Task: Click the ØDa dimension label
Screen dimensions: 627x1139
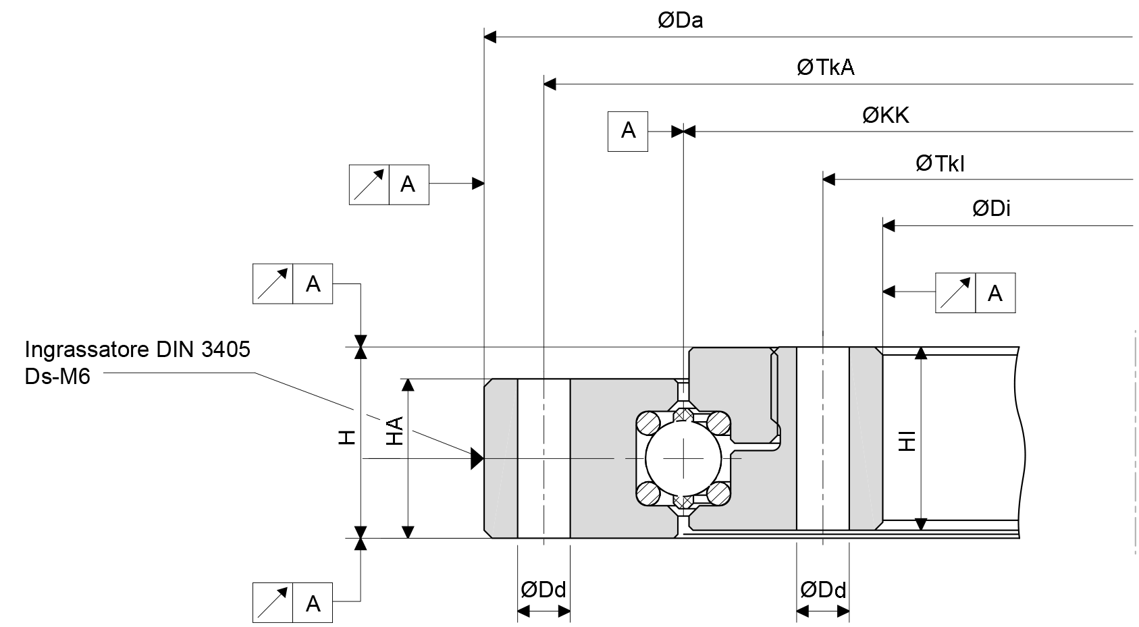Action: pos(680,20)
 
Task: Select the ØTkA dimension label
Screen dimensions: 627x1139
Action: pos(825,67)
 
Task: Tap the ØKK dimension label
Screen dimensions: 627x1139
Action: pos(885,115)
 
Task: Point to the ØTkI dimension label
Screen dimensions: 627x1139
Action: pos(939,163)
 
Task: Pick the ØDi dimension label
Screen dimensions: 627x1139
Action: pos(990,209)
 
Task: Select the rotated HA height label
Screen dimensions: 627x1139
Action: pos(394,431)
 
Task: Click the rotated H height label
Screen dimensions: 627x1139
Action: pos(346,437)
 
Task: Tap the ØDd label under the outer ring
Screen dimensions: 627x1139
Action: pos(543,590)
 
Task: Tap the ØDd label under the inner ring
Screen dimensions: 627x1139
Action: pos(822,590)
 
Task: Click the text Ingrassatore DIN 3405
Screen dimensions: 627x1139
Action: pos(137,350)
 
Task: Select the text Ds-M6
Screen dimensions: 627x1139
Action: pos(57,376)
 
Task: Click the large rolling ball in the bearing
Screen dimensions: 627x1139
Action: pos(683,458)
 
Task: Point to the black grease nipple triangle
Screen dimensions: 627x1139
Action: pos(477,458)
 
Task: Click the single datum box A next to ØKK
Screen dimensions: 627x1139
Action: pos(628,131)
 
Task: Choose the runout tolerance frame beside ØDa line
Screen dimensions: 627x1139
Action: pos(389,184)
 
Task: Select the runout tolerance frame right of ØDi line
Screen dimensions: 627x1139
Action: pos(975,293)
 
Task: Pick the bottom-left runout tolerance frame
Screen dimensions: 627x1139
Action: pos(292,603)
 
